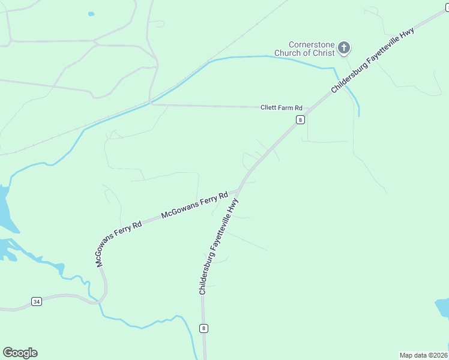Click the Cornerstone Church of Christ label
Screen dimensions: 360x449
304,49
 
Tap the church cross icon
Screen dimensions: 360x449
344,48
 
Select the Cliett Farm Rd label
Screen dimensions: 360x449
282,108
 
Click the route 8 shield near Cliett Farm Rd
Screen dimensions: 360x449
300,119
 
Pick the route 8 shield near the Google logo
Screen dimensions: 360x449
204,328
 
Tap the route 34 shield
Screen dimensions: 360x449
37,301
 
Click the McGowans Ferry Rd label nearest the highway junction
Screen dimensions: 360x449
195,205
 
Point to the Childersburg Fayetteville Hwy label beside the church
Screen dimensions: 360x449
373,60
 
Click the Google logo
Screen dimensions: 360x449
20,353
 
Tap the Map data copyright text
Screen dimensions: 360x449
424,355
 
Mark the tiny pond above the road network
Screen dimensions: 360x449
91,14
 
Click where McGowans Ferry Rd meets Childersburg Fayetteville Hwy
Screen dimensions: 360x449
238,191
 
